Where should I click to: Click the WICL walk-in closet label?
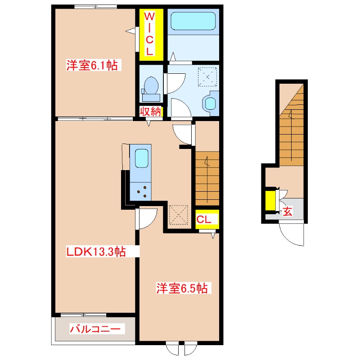(x=149, y=34)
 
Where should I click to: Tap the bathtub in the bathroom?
(x=193, y=21)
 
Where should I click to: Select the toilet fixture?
(x=151, y=89)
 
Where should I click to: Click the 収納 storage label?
(x=150, y=112)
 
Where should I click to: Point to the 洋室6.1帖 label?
(x=92, y=65)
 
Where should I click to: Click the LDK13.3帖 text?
(x=96, y=252)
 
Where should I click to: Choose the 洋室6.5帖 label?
(x=182, y=288)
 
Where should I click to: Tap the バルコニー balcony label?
(x=95, y=329)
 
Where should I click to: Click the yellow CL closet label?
(x=204, y=220)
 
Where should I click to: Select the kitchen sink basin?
(x=141, y=158)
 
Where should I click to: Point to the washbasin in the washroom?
(x=210, y=103)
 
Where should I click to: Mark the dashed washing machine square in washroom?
(x=207, y=76)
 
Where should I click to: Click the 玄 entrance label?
(x=287, y=211)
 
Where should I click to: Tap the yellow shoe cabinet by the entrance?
(x=270, y=201)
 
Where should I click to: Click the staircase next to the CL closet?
(x=207, y=178)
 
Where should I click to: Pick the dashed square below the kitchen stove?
(x=178, y=215)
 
